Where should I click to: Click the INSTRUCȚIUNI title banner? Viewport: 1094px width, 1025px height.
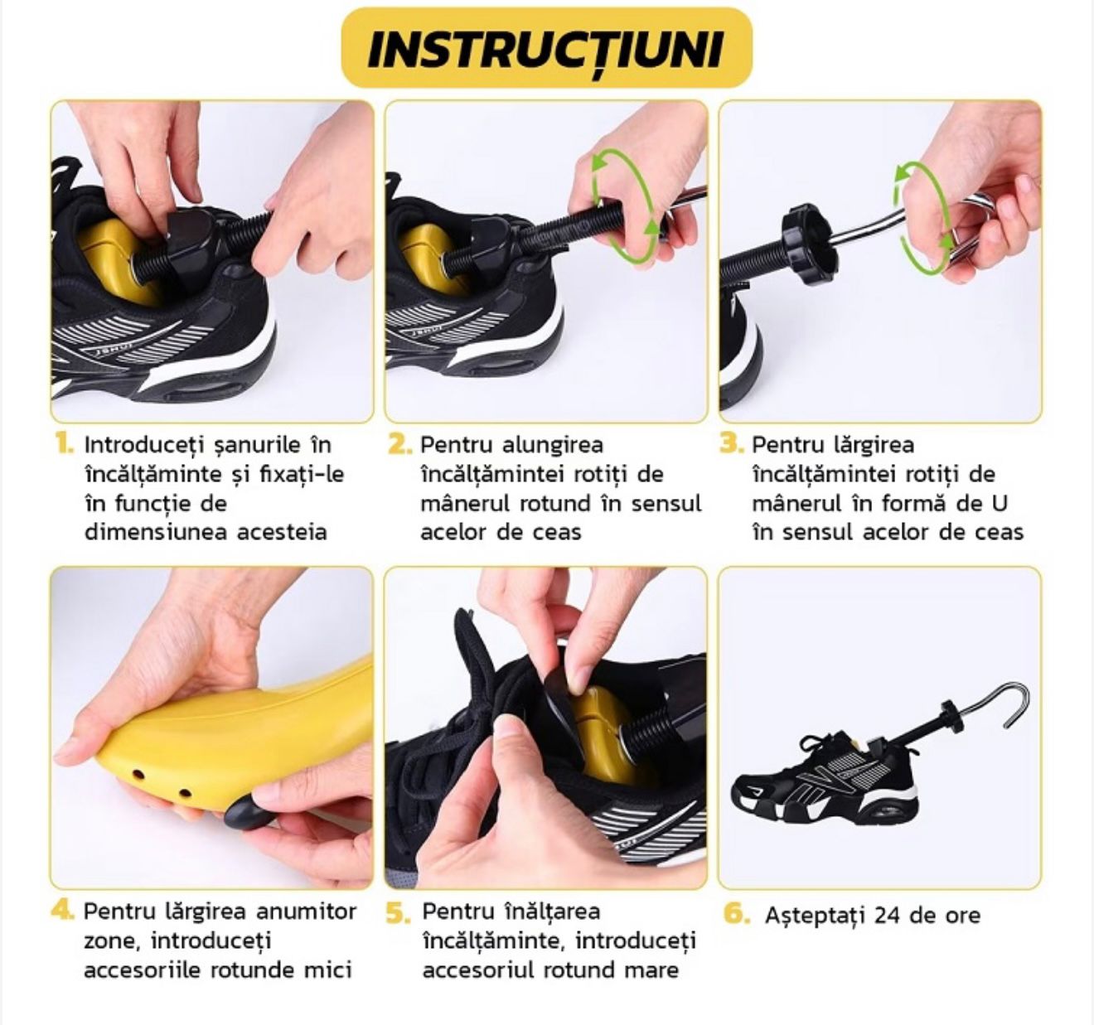pos(546,47)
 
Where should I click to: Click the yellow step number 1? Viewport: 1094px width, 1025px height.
pos(64,443)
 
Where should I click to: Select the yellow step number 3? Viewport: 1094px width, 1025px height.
pos(731,443)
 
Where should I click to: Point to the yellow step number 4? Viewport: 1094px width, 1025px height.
pos(62,911)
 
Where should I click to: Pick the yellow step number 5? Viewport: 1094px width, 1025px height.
pos(398,913)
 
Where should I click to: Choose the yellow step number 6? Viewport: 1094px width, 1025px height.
pos(737,913)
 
